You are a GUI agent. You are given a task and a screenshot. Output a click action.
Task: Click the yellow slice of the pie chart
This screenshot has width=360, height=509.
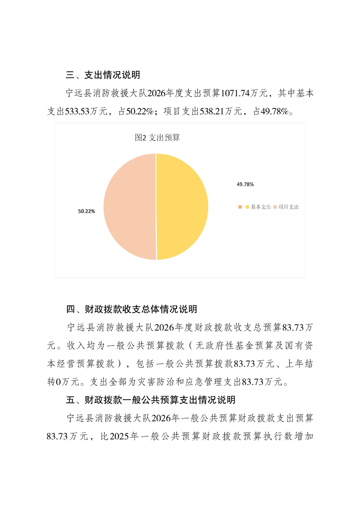click(x=182, y=206)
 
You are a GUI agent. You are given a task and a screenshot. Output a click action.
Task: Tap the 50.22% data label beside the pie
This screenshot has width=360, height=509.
click(x=86, y=211)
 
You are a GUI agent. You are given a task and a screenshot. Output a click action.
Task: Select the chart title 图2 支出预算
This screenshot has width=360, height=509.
click(x=157, y=137)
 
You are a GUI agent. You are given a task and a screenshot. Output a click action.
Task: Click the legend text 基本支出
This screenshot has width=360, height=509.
click(x=261, y=207)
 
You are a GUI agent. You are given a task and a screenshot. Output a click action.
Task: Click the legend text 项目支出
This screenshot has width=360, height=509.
click(x=288, y=207)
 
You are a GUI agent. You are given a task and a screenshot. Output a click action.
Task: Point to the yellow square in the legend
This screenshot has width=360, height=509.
click(x=247, y=207)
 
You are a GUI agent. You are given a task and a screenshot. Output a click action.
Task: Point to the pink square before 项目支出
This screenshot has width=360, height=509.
click(x=275, y=207)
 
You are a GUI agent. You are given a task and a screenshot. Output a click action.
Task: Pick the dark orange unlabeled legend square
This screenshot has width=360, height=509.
click(x=239, y=207)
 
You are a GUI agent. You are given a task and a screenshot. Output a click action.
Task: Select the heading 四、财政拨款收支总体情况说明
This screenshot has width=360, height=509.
click(x=132, y=309)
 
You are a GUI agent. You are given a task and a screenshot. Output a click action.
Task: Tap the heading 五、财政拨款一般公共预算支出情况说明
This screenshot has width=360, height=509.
click(x=151, y=400)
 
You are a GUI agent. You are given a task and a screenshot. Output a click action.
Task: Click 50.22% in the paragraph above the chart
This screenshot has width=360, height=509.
click(x=139, y=112)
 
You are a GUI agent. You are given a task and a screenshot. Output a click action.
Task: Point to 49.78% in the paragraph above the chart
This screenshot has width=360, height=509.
click(x=274, y=112)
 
